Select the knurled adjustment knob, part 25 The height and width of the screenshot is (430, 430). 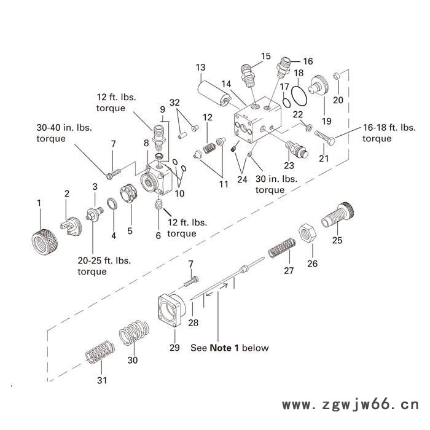tap(337, 214)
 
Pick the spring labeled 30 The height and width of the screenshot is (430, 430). tap(134, 335)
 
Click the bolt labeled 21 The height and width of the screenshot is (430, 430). tap(325, 135)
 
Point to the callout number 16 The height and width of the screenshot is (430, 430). tap(308, 61)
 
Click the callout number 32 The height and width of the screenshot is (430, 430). tap(175, 102)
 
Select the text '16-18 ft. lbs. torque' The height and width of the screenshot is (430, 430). tap(385, 133)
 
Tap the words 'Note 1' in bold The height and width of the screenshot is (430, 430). tap(224, 348)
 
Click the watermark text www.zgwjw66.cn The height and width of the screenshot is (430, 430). tap(350, 405)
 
